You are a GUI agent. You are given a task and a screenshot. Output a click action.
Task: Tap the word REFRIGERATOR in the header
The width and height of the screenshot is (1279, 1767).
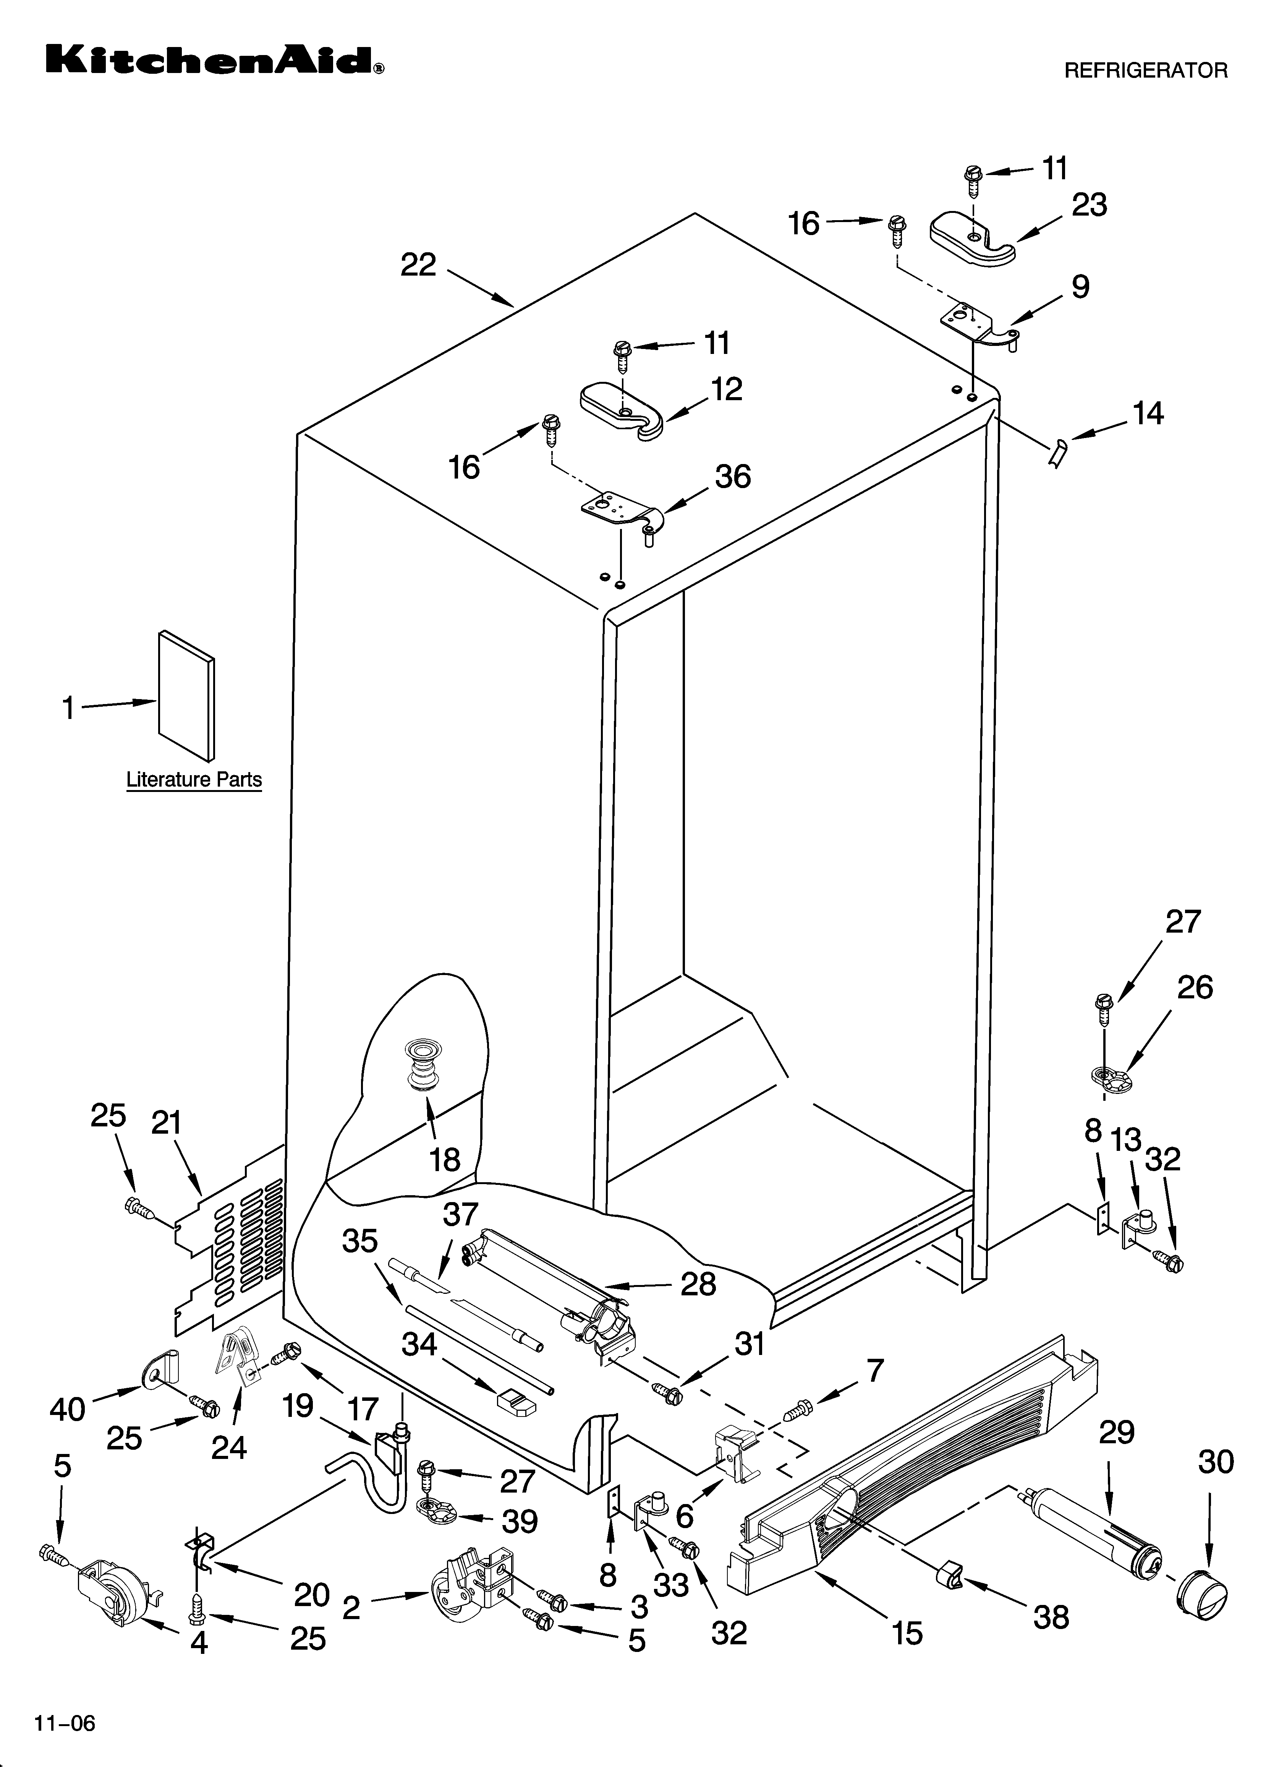point(1145,71)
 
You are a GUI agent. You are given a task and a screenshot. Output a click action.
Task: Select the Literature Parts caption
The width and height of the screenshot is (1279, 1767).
point(194,780)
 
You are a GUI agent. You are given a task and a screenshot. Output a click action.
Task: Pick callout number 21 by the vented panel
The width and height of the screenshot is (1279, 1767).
point(166,1123)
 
